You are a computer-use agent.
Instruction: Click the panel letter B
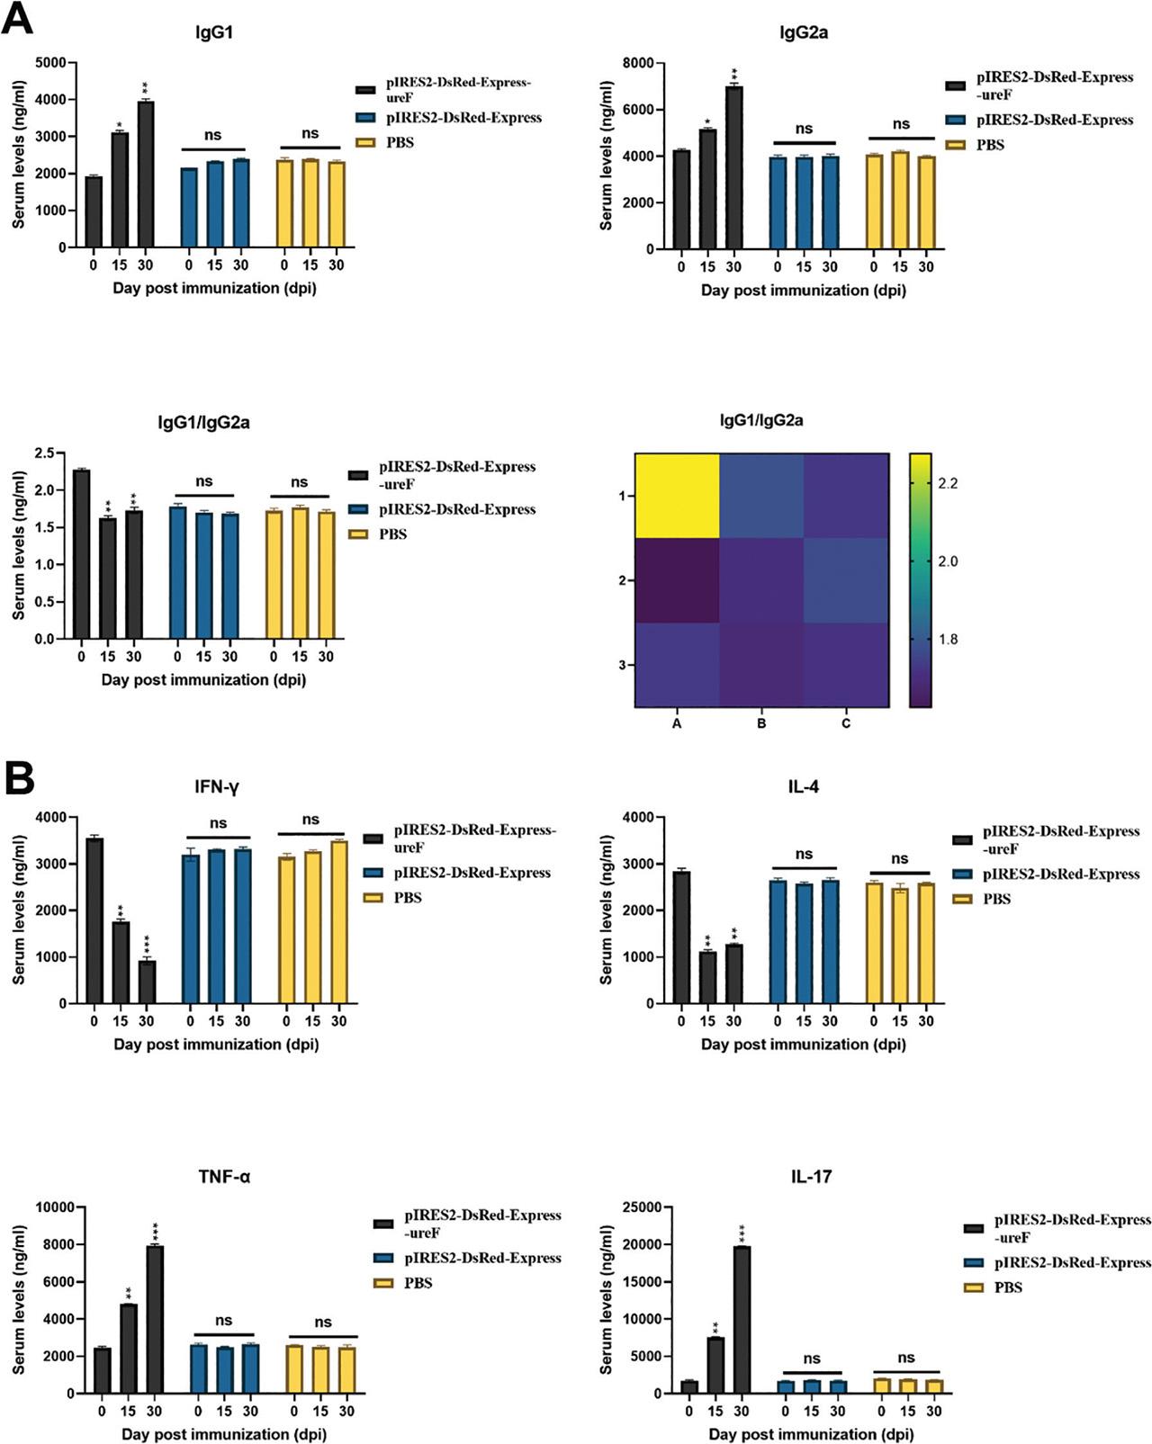tap(20, 780)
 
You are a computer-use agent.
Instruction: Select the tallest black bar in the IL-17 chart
tap(742, 1319)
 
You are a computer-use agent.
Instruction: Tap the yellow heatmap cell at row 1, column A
tap(678, 496)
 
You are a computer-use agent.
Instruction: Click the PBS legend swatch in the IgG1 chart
tap(364, 142)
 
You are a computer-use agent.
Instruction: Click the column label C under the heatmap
tap(846, 723)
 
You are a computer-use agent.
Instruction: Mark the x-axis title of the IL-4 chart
tap(804, 1045)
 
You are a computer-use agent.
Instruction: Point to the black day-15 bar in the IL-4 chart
tap(707, 977)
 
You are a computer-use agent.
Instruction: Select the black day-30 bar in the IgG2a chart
tap(733, 167)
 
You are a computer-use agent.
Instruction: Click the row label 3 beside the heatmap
tap(621, 665)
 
